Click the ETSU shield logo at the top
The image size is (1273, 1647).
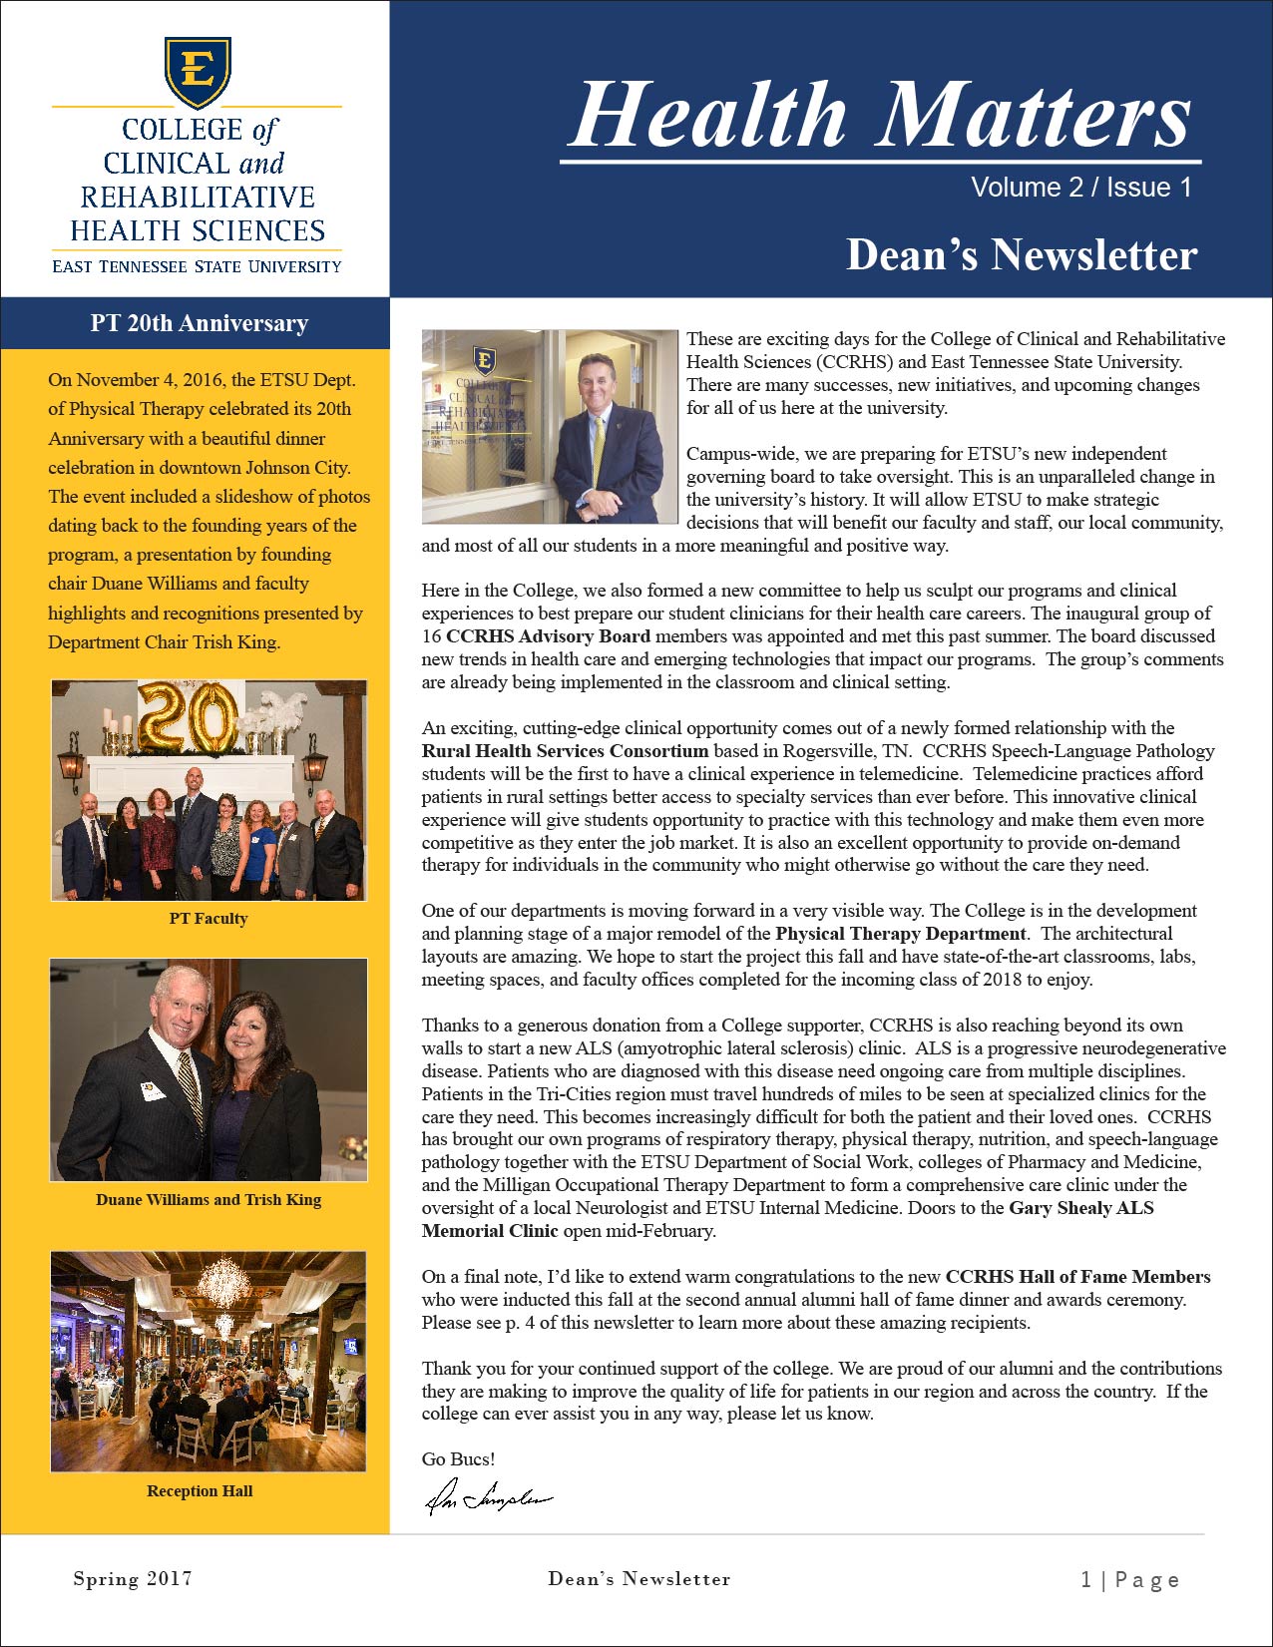tap(198, 72)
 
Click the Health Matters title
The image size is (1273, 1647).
tap(881, 115)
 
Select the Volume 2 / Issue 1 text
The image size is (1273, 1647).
tap(1081, 188)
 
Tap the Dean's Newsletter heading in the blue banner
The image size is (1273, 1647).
tap(1021, 254)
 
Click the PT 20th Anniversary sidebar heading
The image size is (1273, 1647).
tap(199, 323)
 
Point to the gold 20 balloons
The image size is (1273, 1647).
tap(189, 716)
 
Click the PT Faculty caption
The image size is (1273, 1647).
tap(209, 918)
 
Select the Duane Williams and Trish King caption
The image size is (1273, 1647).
tap(209, 1199)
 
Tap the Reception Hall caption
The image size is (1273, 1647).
tap(200, 1490)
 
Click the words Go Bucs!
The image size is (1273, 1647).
tap(458, 1458)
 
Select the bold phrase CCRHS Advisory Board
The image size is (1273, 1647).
tap(548, 636)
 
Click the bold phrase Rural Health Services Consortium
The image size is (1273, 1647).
tap(565, 751)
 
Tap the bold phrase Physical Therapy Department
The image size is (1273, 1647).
tap(901, 934)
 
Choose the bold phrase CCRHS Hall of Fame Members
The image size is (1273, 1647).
tap(1077, 1277)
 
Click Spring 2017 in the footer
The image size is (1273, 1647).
tap(133, 1578)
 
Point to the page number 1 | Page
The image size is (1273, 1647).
tap(1129, 1579)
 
